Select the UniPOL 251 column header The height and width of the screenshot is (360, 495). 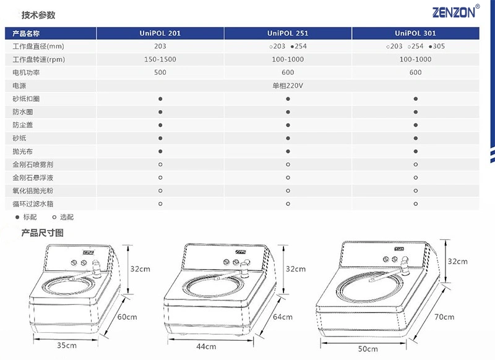288,33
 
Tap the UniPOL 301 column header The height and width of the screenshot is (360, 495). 415,33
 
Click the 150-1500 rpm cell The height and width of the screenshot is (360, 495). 160,59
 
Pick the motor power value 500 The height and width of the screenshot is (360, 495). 160,72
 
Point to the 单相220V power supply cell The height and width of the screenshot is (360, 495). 288,85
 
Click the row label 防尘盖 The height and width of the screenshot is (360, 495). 23,125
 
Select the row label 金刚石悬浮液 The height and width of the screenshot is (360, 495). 33,178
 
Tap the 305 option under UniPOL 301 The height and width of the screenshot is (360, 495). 437,46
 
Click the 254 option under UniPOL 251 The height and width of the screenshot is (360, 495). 299,46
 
